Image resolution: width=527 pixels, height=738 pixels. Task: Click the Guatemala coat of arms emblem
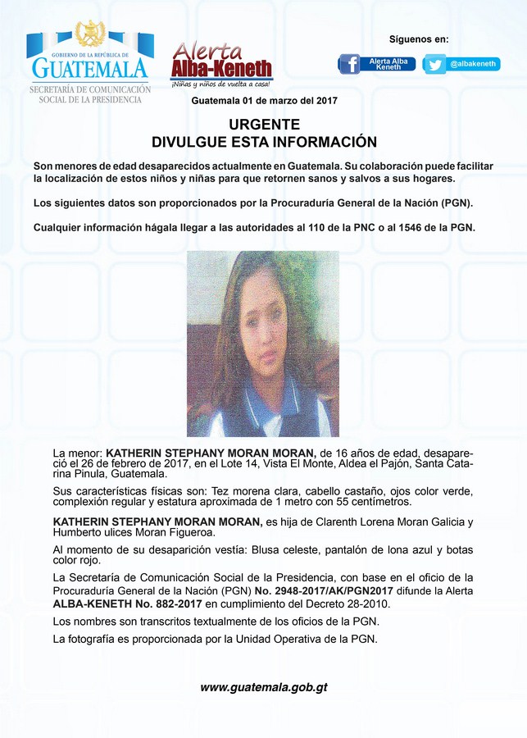pos(89,34)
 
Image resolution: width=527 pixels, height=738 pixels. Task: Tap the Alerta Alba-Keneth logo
pos(221,64)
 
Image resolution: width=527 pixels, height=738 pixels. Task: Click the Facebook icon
pos(349,64)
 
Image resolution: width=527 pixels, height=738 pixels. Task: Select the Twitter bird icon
pos(435,64)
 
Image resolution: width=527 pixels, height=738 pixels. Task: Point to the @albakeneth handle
pos(473,64)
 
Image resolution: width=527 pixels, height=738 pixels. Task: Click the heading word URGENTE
pos(264,125)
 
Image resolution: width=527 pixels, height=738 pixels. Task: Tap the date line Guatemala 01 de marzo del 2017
pos(264,101)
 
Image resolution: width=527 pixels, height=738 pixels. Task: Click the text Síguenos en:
pos(419,39)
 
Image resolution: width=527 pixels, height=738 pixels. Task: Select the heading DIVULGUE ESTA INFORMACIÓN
pos(264,142)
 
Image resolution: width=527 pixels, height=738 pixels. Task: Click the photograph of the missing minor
pos(263,344)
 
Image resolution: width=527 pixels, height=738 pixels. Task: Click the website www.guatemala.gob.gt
pos(263,687)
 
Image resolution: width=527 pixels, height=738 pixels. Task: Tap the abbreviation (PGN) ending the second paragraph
pos(457,203)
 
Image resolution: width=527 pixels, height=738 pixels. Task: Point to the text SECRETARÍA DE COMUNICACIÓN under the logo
pos(90,89)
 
